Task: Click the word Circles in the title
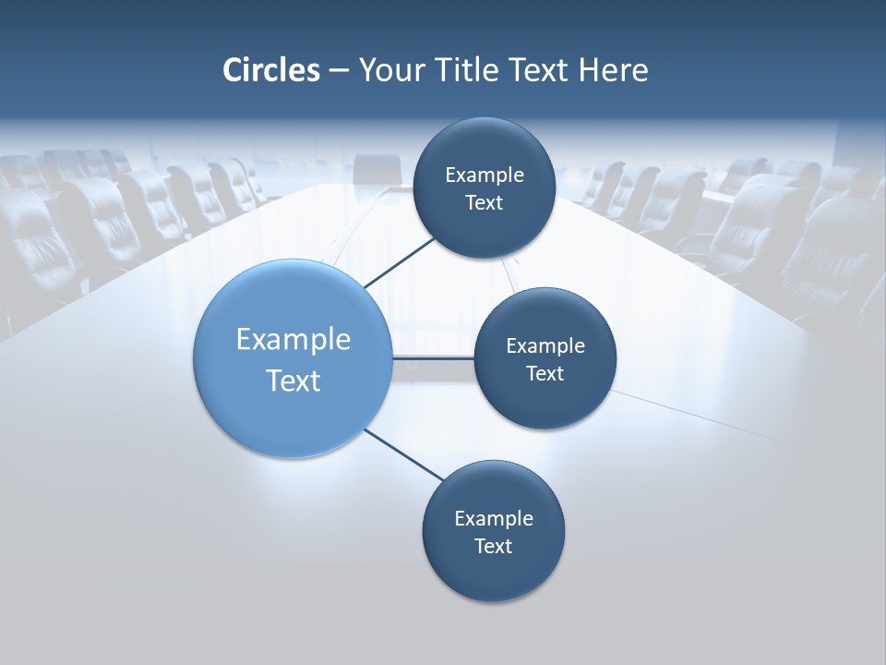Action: [271, 70]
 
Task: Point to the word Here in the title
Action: [613, 70]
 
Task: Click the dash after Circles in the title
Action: [339, 71]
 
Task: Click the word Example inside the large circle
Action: [293, 340]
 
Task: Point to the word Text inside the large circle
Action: [293, 381]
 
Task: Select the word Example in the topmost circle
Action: [485, 175]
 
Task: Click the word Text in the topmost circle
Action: [484, 202]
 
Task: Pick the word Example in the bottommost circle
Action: [494, 518]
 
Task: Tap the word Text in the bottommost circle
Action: [493, 546]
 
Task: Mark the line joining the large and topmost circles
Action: [400, 262]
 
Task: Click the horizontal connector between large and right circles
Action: [433, 357]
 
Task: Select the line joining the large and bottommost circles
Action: [403, 455]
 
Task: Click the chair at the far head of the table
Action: [377, 168]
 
